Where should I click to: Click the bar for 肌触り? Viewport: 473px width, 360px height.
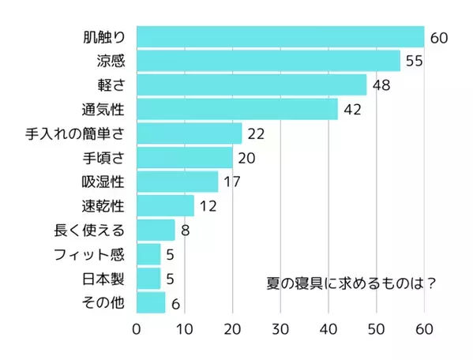tap(280, 37)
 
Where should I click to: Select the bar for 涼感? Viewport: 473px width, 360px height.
tap(268, 61)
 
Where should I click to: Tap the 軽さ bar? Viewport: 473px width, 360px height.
tap(252, 84)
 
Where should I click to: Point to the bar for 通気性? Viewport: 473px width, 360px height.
tap(237, 109)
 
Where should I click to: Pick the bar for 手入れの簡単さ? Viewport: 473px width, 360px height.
tap(190, 133)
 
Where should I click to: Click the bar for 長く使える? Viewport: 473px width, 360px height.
tap(156, 230)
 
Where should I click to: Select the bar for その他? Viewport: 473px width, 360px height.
tap(151, 302)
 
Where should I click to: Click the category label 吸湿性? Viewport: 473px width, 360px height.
tap(103, 182)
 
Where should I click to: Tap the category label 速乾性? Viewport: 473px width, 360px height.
tap(103, 206)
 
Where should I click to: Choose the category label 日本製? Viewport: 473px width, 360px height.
tap(103, 279)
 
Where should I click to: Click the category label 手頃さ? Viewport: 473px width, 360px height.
tap(103, 158)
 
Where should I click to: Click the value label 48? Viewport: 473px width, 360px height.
tap(381, 85)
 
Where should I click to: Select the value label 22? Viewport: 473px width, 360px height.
tap(256, 133)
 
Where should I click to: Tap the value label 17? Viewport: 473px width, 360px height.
tap(232, 182)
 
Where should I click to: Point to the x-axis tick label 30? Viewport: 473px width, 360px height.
tap(281, 328)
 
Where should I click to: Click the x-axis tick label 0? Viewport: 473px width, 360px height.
tap(137, 328)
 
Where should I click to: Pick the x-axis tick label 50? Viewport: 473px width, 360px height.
tap(377, 328)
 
